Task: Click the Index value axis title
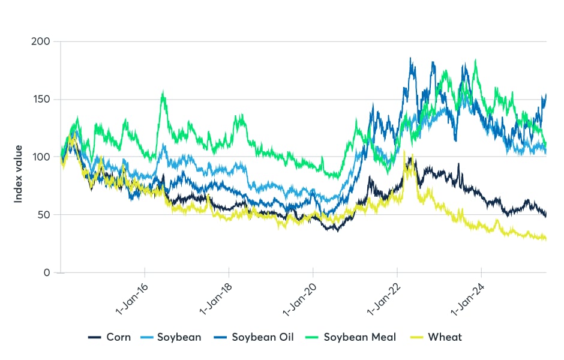pyautogui.click(x=19, y=173)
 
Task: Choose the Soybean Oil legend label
pyautogui.click(x=262, y=337)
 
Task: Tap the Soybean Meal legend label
pyautogui.click(x=360, y=337)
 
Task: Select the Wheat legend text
pyautogui.click(x=445, y=337)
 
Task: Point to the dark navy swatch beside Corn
pyautogui.click(x=94, y=337)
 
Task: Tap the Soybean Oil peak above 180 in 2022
pyautogui.click(x=410, y=58)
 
